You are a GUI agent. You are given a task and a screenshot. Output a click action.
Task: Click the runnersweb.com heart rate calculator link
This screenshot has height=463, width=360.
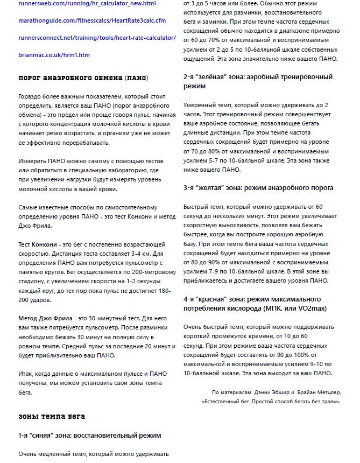79,4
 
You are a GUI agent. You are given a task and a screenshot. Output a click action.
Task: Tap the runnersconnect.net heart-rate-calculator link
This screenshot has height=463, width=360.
97,38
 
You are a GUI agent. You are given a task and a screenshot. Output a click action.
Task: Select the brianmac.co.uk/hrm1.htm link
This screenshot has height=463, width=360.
54,55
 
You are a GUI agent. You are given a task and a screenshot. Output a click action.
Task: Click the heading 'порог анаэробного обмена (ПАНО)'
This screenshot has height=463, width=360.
83,79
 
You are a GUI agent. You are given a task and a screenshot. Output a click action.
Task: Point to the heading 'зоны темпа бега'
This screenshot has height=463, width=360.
52,417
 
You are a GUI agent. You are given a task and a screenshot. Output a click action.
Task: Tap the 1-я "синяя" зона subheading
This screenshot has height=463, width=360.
90,435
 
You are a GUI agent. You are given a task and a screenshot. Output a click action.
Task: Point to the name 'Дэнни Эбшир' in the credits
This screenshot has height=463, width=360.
272,392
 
